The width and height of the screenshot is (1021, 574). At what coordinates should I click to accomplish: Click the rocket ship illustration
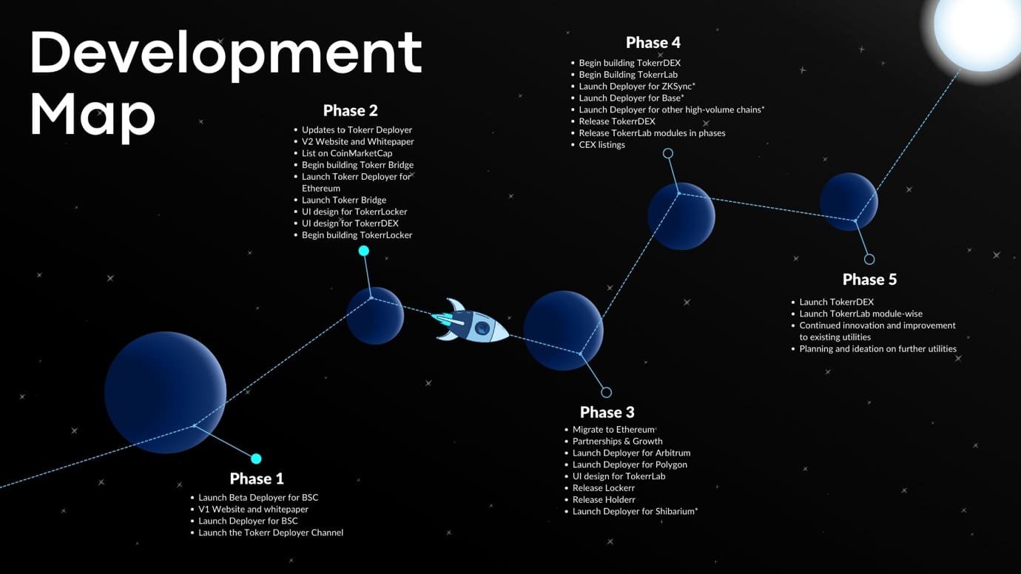pyautogui.click(x=471, y=322)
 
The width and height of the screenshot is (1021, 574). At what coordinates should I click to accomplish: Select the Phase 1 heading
pyautogui.click(x=257, y=479)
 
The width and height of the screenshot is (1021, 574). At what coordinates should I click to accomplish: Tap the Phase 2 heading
pyautogui.click(x=351, y=111)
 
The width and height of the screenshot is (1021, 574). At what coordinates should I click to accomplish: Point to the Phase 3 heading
pyautogui.click(x=607, y=413)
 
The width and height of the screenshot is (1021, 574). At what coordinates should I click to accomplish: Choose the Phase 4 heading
pyautogui.click(x=653, y=43)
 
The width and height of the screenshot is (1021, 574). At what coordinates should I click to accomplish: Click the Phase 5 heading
pyautogui.click(x=869, y=280)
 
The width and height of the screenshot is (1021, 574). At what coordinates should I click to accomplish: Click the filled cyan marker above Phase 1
pyautogui.click(x=256, y=459)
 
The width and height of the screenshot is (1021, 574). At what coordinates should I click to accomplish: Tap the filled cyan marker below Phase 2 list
pyautogui.click(x=363, y=251)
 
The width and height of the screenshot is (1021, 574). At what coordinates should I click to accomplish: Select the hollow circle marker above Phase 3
pyautogui.click(x=607, y=392)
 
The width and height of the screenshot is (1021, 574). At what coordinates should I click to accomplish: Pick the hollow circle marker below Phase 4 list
pyautogui.click(x=668, y=153)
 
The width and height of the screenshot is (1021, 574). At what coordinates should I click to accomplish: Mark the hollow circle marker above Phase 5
pyautogui.click(x=869, y=259)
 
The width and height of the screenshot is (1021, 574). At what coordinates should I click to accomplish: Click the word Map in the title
pyautogui.click(x=92, y=115)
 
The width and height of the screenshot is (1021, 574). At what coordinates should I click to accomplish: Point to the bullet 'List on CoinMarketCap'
pyautogui.click(x=347, y=153)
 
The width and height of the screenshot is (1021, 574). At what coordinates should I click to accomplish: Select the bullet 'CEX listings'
pyautogui.click(x=602, y=145)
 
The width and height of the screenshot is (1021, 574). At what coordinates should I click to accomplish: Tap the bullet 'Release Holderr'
pyautogui.click(x=604, y=500)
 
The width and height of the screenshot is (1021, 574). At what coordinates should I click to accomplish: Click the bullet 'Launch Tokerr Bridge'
pyautogui.click(x=344, y=200)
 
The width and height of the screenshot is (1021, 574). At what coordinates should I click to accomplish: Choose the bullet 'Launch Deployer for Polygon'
pyautogui.click(x=630, y=465)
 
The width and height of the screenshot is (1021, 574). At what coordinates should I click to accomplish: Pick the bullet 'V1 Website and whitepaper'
pyautogui.click(x=253, y=509)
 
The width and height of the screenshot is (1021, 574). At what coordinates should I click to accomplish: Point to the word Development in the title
pyautogui.click(x=226, y=53)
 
